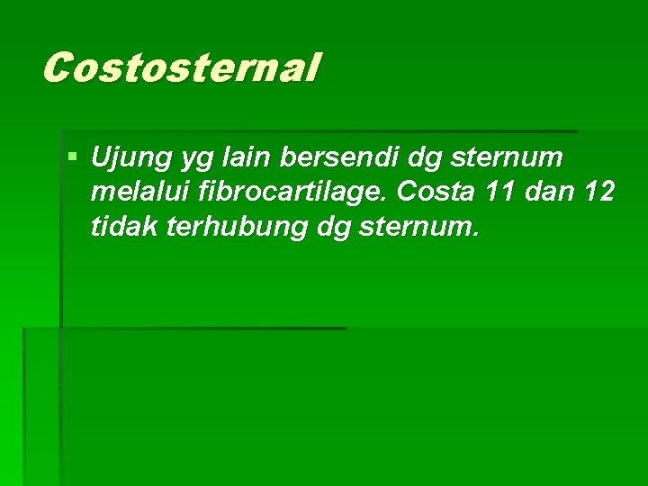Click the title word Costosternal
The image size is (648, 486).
click(180, 67)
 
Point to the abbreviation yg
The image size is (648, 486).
click(193, 160)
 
